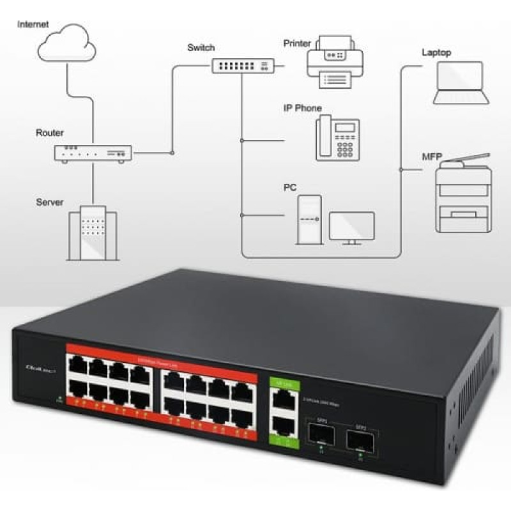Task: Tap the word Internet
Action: (33, 24)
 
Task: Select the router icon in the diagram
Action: (93, 153)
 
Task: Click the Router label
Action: (50, 133)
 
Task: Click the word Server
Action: (50, 202)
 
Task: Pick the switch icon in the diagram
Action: (243, 65)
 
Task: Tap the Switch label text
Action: (201, 48)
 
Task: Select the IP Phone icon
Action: (337, 137)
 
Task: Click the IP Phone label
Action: (303, 109)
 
